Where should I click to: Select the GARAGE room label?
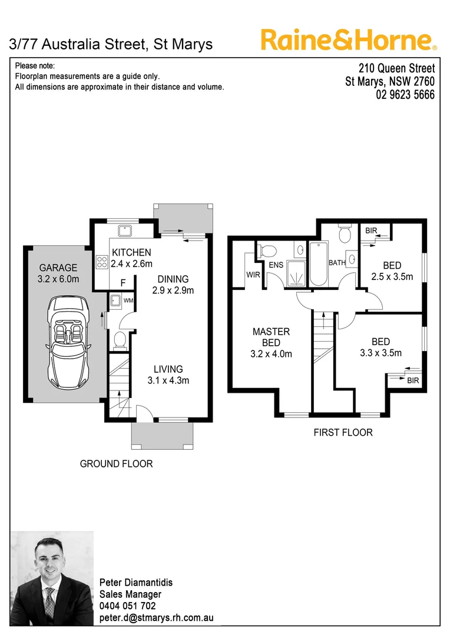tap(58, 268)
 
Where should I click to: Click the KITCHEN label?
tap(131, 252)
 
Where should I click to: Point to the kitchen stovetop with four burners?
tap(101, 262)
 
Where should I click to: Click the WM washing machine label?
tap(128, 302)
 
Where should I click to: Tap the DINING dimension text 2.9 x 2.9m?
tap(173, 290)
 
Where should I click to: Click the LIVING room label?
tap(168, 369)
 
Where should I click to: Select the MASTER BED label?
tap(271, 337)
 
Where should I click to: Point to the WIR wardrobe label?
tap(253, 275)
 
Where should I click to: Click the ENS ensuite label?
tap(276, 265)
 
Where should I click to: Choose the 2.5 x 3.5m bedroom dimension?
tap(392, 277)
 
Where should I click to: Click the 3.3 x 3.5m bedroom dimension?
tap(380, 353)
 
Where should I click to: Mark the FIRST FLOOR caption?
tap(343, 432)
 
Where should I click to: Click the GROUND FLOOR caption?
tap(116, 464)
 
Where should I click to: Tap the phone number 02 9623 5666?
tap(405, 95)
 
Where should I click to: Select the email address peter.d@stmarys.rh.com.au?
tap(156, 618)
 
